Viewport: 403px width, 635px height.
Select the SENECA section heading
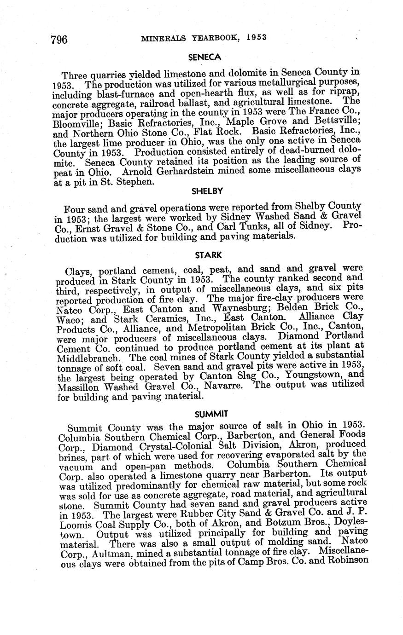click(205, 58)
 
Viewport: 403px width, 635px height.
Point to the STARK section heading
click(209, 254)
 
